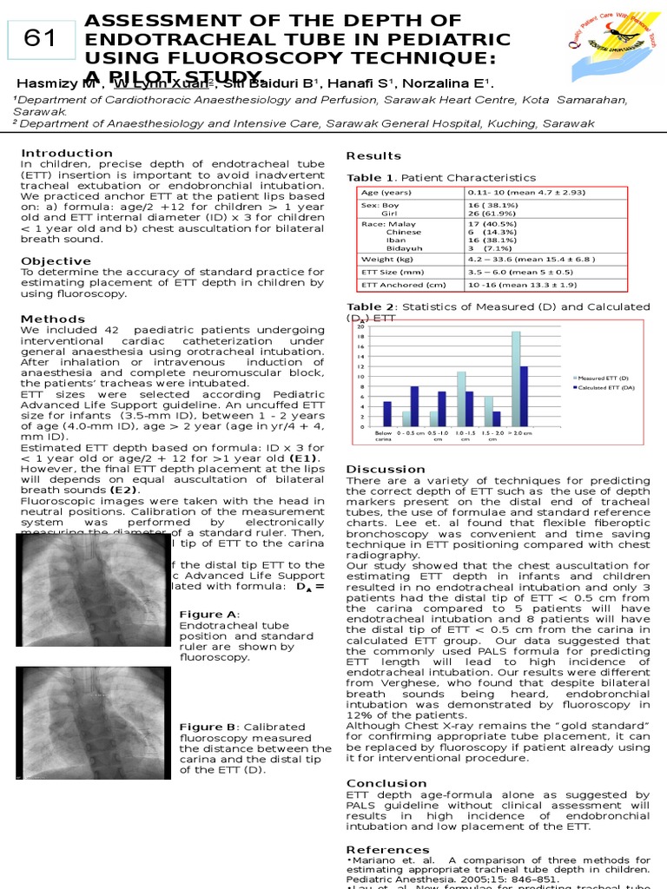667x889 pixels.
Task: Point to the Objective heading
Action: [x=56, y=261]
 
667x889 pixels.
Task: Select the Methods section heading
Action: [x=53, y=319]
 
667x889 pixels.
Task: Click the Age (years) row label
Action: [x=386, y=192]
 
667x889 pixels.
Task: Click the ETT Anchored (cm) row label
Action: [x=404, y=284]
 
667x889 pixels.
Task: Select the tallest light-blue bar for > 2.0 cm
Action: [x=516, y=379]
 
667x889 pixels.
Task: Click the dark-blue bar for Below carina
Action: [x=387, y=413]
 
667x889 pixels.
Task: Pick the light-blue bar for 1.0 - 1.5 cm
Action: [x=461, y=398]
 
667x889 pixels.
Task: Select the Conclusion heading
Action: [x=386, y=783]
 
